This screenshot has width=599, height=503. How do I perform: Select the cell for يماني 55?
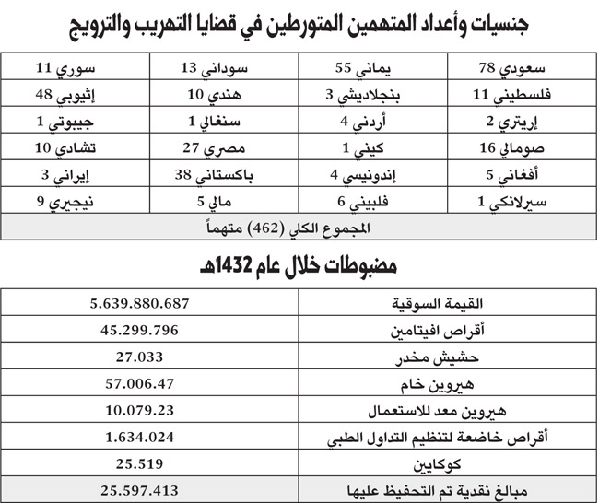pyautogui.click(x=371, y=67)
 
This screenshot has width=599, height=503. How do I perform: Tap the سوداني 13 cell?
pyautogui.click(x=224, y=67)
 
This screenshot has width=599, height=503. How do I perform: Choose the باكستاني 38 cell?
pyautogui.click(x=224, y=174)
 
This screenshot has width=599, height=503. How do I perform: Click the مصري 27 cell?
pyautogui.click(x=224, y=147)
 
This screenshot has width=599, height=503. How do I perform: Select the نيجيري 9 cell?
pyautogui.click(x=75, y=200)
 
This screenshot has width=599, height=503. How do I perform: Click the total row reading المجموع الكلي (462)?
pyautogui.click(x=299, y=226)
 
